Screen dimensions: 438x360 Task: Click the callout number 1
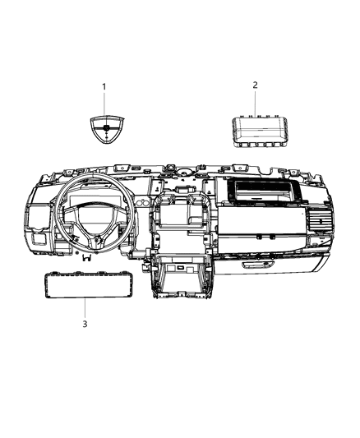104,86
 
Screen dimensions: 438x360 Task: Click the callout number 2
255,85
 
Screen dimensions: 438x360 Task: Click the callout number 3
84,324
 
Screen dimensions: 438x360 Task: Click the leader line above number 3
85,309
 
